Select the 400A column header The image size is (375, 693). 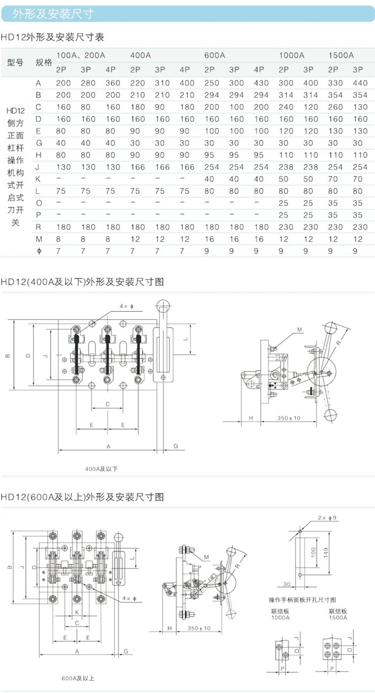pyautogui.click(x=140, y=55)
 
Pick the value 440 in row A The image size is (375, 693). pyautogui.click(x=360, y=83)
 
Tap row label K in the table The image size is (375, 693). pyautogui.click(x=38, y=179)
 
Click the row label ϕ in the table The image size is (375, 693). pyautogui.click(x=38, y=250)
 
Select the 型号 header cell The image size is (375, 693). pyautogui.click(x=16, y=62)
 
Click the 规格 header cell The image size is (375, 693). pyautogui.click(x=43, y=62)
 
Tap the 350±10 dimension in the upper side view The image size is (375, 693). pyautogui.click(x=289, y=417)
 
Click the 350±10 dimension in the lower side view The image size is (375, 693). pyautogui.click(x=199, y=628)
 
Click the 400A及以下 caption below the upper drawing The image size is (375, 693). pyautogui.click(x=101, y=469)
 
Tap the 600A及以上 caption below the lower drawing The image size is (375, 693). pyautogui.click(x=78, y=679)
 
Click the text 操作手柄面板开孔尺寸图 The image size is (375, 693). pyautogui.click(x=302, y=600)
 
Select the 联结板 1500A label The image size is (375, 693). pyautogui.click(x=338, y=614)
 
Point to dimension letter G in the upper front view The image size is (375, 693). pyautogui.click(x=175, y=446)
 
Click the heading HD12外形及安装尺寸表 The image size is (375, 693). pyautogui.click(x=52, y=37)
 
